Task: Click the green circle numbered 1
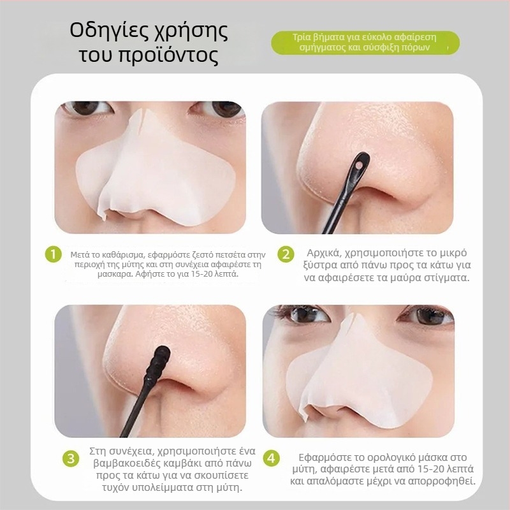(54, 254)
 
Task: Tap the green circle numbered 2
(286, 254)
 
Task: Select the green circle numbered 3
(71, 458)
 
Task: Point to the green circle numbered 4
(271, 458)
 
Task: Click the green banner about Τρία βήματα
(365, 43)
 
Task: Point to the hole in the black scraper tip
(358, 166)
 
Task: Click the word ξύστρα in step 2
(320, 266)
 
